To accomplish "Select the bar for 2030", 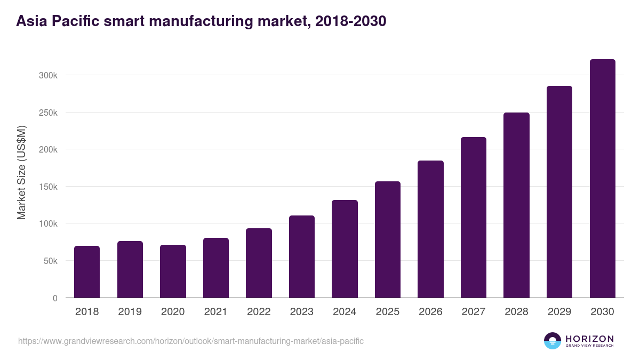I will (x=602, y=179).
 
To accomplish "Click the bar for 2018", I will (x=87, y=272).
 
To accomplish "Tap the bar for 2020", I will (x=173, y=271).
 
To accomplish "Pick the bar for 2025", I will (x=388, y=239).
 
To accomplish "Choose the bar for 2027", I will (x=474, y=218).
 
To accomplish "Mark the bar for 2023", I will (x=302, y=257).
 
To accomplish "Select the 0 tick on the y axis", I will (x=55, y=298).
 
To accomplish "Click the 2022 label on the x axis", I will (x=259, y=312).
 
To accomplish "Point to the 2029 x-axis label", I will (x=559, y=312).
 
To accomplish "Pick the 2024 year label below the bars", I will (x=345, y=312).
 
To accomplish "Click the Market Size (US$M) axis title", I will (x=21, y=173).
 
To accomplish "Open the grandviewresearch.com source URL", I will (x=191, y=341).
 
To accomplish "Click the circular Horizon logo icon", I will (x=552, y=341).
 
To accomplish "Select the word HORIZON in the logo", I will (x=589, y=338).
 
